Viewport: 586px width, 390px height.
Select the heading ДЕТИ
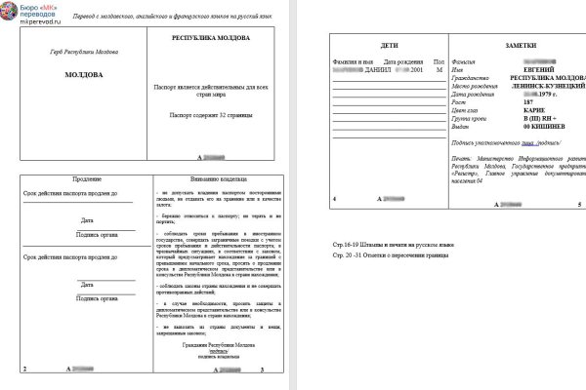387,46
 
